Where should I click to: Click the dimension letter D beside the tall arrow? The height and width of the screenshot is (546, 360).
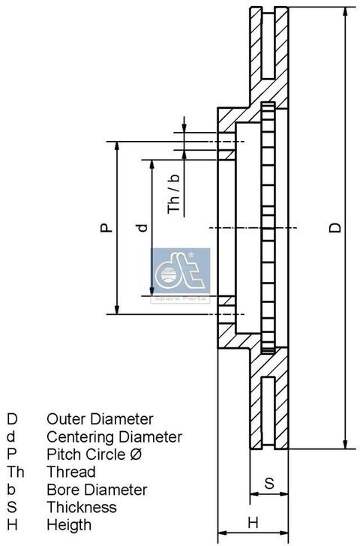pos(335,228)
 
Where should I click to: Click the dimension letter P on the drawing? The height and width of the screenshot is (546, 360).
pos(106,228)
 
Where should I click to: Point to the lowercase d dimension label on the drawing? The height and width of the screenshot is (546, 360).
pos(142,228)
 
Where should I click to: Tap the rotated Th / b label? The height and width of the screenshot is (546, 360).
pos(174,193)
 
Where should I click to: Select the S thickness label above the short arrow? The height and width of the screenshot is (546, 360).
pos(269,483)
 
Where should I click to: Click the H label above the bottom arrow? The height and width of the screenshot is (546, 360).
pos(253,523)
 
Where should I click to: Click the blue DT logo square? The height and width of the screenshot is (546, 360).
pos(180,271)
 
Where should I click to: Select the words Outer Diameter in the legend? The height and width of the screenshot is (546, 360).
pos(100,419)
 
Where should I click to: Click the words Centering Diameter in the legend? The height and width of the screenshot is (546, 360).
pos(114,436)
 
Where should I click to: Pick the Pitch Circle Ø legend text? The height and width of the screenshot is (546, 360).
pos(94,454)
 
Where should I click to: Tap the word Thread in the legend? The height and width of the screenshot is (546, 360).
pos(71,472)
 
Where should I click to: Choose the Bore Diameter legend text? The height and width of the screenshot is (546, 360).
pos(97,490)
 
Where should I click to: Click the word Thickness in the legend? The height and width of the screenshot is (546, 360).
pos(82,507)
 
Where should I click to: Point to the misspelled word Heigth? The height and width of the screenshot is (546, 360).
pos(69,525)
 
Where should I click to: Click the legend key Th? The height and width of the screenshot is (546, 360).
pos(15,472)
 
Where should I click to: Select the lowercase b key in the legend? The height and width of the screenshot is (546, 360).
pos(11,490)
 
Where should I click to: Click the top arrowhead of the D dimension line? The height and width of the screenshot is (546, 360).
pos(345,12)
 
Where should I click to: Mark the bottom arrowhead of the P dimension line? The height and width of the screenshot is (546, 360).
pos(117,309)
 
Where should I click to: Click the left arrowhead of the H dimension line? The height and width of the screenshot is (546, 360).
pos(223,533)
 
